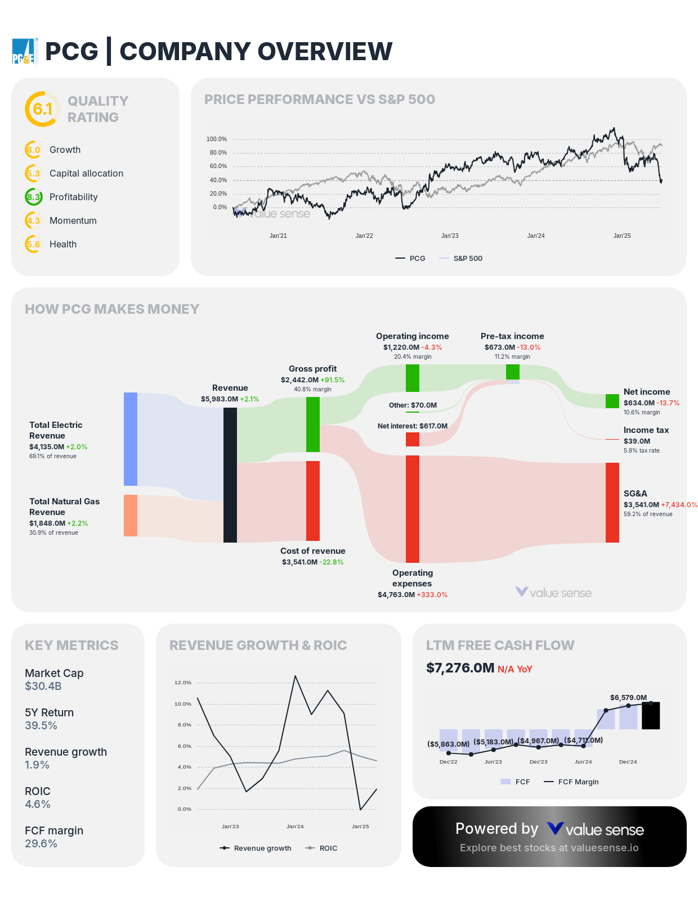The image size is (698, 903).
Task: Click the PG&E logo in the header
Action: pos(25,51)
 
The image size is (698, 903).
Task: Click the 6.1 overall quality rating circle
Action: pos(42,109)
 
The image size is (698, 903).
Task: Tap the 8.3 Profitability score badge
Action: pos(34,197)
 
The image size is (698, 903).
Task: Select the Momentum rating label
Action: pos(73,221)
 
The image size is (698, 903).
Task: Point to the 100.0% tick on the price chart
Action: pos(217,139)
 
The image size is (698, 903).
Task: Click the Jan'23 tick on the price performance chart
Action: pos(450,236)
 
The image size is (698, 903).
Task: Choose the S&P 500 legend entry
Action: pos(467,259)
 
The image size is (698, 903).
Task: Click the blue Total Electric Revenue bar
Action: pos(131,439)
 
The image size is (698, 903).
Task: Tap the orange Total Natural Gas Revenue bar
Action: pos(131,516)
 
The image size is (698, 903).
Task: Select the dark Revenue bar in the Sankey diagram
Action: pos(230,475)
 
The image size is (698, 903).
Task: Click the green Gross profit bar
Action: pos(313,425)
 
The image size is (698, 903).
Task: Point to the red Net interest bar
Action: pos(413,439)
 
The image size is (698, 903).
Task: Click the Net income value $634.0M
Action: pos(639,403)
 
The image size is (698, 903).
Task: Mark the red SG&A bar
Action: pos(612,503)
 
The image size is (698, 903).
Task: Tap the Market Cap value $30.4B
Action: pos(43,687)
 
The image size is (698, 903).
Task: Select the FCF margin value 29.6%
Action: pos(41,844)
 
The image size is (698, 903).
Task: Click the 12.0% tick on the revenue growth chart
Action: pos(183,683)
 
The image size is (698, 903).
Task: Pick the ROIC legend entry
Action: pos(328,848)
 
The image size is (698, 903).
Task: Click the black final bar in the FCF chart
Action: pos(651,716)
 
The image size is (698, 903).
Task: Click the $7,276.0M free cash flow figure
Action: pos(460,668)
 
